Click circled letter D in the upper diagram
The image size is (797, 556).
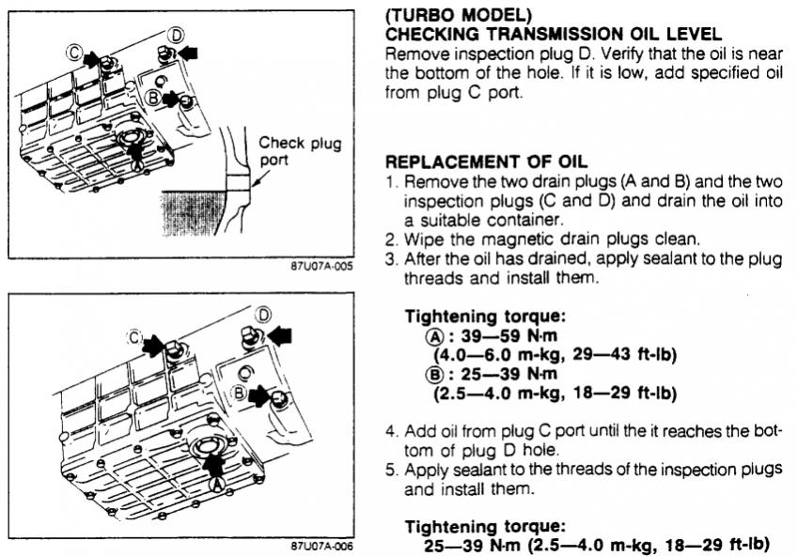176,35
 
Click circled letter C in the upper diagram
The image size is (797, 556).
74,53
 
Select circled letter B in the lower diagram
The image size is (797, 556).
240,393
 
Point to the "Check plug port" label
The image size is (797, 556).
300,151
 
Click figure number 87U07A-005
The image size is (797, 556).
321,266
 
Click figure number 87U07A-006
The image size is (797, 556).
321,547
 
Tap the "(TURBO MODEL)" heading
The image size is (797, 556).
458,15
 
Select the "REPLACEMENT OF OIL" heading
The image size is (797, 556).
487,162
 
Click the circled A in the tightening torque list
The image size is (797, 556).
434,336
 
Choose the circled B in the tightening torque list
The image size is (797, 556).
434,375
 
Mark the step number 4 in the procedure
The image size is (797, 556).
390,432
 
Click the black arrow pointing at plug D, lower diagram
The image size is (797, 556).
280,335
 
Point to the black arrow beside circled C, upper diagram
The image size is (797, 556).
90,59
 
